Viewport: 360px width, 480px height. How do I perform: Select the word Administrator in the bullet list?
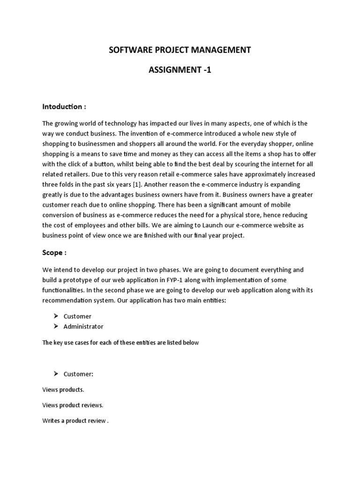pos(83,326)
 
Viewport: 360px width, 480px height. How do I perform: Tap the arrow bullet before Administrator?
pos(55,326)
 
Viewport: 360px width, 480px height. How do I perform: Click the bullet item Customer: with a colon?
pos(78,374)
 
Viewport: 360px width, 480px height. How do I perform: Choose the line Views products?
pos(63,390)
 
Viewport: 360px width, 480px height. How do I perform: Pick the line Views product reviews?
pos(73,405)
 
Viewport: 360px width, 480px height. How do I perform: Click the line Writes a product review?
pos(75,420)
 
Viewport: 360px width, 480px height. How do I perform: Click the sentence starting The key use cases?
pos(120,343)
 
